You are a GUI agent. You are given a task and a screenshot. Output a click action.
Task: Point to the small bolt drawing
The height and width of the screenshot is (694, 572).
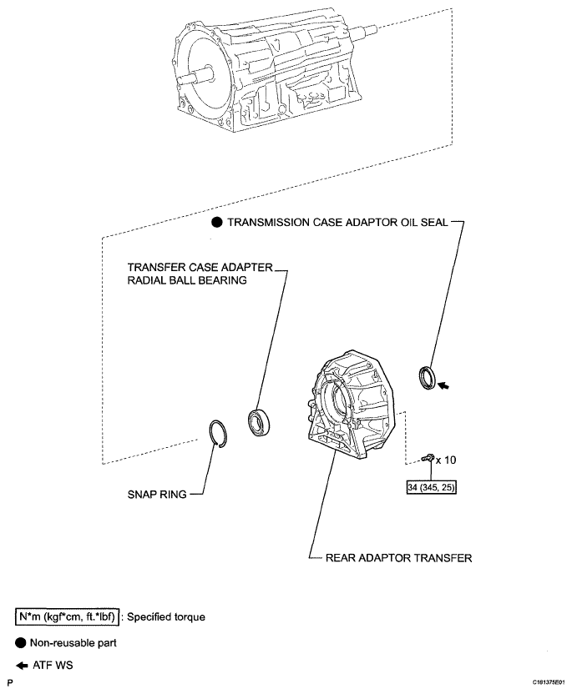428,457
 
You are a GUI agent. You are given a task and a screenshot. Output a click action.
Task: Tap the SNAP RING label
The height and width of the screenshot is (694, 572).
153,493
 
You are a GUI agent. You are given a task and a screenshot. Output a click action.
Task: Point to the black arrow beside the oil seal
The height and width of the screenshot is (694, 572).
450,386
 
